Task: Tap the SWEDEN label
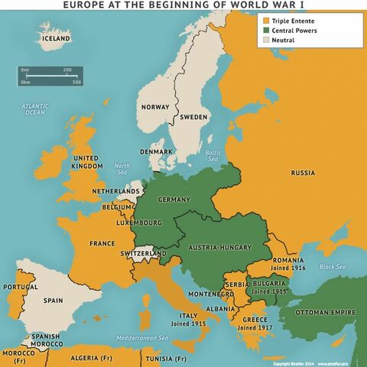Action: click(x=194, y=117)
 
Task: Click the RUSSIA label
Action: click(x=303, y=173)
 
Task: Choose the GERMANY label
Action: click(x=174, y=199)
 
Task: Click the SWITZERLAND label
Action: click(x=143, y=253)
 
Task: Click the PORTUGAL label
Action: click(x=20, y=287)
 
